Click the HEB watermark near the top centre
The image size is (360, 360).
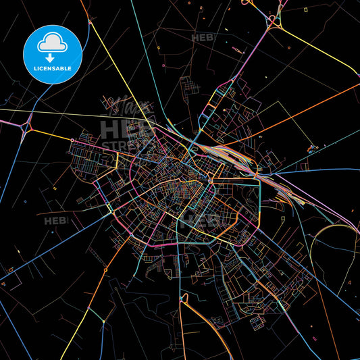coord(201,38)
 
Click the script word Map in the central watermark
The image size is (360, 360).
coord(122,108)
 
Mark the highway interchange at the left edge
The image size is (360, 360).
coord(28,126)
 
